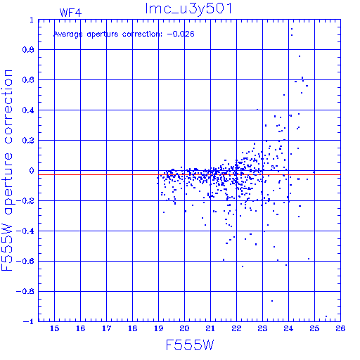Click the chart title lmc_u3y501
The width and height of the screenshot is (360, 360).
click(x=188, y=9)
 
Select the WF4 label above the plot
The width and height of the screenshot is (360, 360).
click(x=70, y=13)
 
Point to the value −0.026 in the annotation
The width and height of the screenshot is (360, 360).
click(x=181, y=34)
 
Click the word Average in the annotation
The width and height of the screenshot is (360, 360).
click(x=68, y=34)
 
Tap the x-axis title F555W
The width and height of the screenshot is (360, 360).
click(x=190, y=345)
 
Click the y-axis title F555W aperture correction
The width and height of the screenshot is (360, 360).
click(x=7, y=170)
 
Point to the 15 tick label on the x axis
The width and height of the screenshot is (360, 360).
click(x=54, y=328)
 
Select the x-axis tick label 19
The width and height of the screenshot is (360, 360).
click(x=158, y=328)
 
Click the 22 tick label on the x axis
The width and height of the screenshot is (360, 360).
click(x=236, y=328)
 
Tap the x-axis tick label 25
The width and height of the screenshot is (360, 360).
click(x=314, y=328)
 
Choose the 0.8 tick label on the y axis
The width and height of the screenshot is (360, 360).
click(x=28, y=50)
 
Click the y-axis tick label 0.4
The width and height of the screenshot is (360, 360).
click(x=28, y=110)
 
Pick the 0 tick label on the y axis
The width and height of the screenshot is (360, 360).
click(x=32, y=171)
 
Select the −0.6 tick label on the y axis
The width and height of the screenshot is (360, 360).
click(x=25, y=261)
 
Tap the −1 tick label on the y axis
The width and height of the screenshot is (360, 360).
click(x=28, y=321)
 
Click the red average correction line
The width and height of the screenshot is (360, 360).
click(x=189, y=174)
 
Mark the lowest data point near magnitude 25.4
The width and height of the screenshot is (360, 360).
click(x=326, y=316)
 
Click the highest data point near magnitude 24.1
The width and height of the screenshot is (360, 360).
click(x=292, y=29)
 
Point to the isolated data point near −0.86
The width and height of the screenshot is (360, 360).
click(x=272, y=301)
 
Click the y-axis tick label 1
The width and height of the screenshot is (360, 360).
click(x=32, y=20)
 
